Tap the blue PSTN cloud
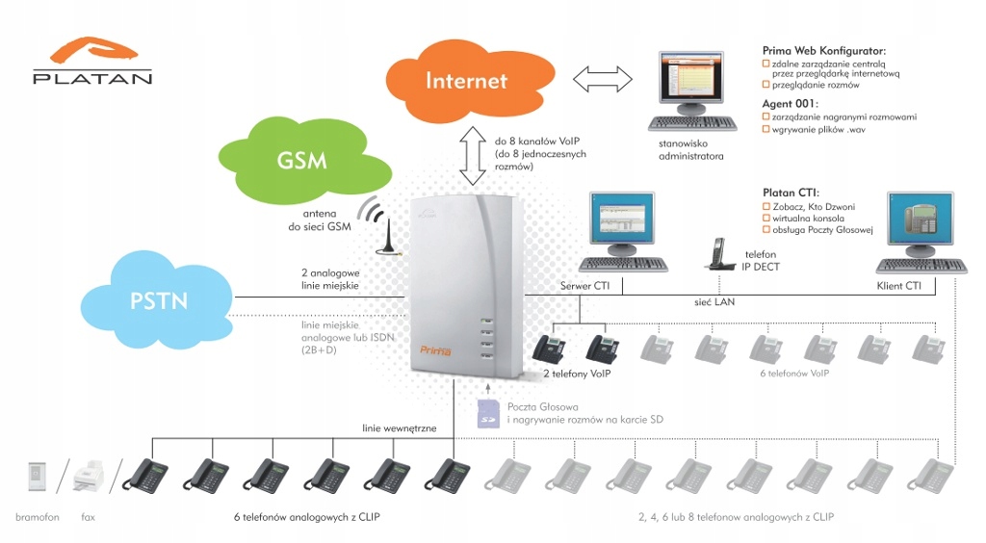158,299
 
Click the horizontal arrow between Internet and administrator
602,80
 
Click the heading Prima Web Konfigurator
824,50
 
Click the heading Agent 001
791,102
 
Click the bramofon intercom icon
38,475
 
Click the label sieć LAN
714,301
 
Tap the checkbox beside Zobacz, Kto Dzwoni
766,207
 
